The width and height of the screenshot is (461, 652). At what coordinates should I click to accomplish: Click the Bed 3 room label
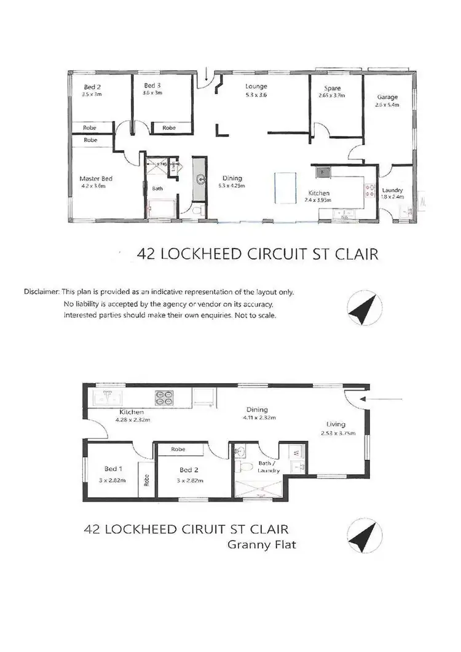click(x=152, y=85)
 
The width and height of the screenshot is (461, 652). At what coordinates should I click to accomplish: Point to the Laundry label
click(x=392, y=191)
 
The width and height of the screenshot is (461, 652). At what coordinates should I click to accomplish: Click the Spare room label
click(x=333, y=89)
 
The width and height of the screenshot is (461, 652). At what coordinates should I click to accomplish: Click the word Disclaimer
click(x=41, y=291)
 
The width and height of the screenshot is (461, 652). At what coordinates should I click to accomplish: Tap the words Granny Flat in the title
click(x=262, y=544)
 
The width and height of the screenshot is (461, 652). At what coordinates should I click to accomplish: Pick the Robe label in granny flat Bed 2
click(x=179, y=450)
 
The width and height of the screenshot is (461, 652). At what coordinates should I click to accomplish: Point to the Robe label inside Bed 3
click(x=169, y=127)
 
